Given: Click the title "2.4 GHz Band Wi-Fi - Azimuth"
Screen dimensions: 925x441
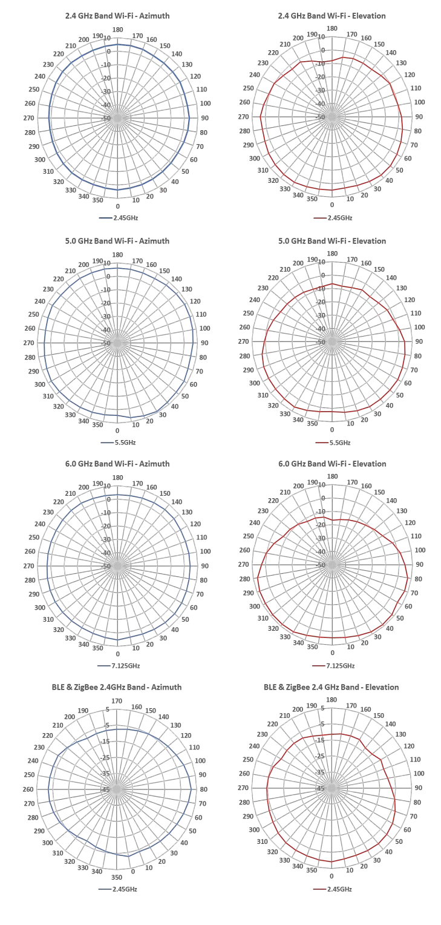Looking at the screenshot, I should [117, 16].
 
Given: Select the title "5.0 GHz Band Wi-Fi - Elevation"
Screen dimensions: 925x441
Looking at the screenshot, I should [332, 241].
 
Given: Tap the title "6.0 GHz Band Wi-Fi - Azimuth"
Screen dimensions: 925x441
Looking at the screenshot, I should [117, 464].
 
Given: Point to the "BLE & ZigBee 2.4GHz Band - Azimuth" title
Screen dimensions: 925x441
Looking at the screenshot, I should [117, 687].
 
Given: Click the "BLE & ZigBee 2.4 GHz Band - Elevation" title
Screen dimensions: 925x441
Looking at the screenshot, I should [331, 687].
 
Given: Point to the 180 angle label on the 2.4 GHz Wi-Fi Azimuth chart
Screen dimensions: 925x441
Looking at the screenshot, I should [117, 30].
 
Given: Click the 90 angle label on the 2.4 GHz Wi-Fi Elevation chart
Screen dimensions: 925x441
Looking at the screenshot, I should [418, 117].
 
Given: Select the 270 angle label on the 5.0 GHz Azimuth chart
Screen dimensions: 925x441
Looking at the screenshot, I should [28, 343].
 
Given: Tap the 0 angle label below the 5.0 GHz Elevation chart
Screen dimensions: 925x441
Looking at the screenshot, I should [332, 430].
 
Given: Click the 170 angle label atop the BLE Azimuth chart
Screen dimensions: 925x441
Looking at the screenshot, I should [117, 702].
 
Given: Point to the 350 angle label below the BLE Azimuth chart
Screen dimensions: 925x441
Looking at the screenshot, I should [117, 877].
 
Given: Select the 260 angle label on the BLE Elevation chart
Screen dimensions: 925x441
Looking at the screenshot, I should [244, 774].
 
